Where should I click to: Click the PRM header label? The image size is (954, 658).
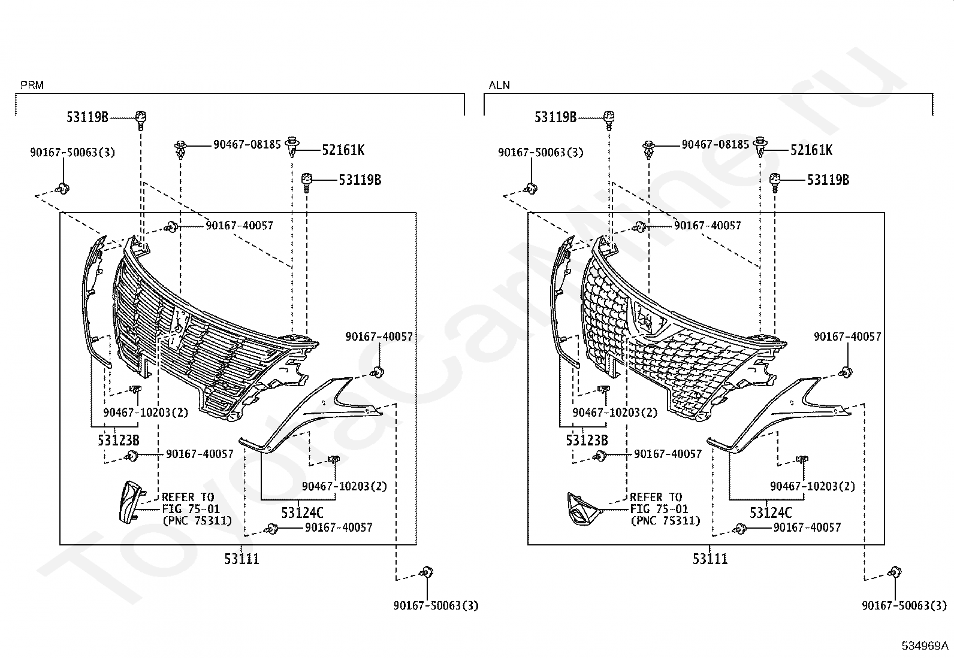tap(32, 85)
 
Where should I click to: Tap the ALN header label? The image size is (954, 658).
tap(499, 85)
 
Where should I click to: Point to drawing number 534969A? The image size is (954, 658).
tap(925, 645)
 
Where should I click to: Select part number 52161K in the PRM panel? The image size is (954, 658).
tap(343, 150)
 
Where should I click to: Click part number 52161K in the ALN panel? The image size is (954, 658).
tap(811, 150)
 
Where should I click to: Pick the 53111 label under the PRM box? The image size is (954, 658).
tap(242, 559)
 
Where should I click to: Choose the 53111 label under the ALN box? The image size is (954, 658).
tap(710, 559)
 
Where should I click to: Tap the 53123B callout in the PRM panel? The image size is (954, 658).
tap(119, 441)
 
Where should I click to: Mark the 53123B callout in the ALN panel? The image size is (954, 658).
tap(587, 441)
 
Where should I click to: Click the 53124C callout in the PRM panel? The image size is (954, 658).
tap(302, 513)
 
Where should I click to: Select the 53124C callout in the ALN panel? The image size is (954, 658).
tap(770, 513)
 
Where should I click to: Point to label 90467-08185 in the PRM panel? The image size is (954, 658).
tap(247, 144)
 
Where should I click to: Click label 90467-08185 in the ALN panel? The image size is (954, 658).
tap(715, 144)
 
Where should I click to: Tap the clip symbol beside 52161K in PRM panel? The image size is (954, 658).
tap(292, 147)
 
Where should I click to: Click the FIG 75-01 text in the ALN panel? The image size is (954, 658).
tap(659, 509)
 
